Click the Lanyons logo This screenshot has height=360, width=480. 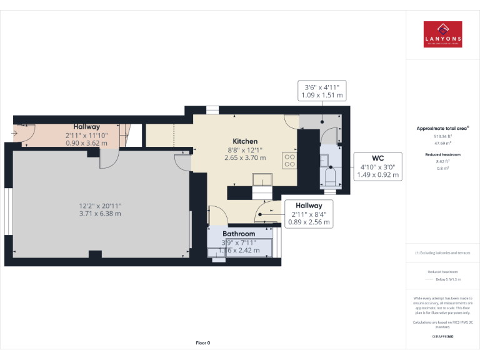tap(442, 34)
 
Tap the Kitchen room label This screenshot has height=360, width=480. tap(245, 141)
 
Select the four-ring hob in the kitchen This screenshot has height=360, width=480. tap(289, 160)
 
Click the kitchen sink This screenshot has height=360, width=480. tap(262, 180)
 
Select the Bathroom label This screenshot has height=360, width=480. tap(239, 234)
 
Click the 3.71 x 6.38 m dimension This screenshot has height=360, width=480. tap(100, 213)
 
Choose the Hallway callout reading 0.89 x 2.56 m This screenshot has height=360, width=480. tap(309, 214)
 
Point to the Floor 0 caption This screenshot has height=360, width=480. tap(202, 342)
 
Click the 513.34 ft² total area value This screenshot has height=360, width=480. tap(442, 136)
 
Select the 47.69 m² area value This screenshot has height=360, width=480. tap(442, 143)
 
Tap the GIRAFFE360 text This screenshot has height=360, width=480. tap(442, 337)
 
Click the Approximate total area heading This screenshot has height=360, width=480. tap(442, 128)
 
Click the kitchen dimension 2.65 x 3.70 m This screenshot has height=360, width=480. tap(245, 158)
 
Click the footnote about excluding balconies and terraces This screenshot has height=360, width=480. tap(442, 253)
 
